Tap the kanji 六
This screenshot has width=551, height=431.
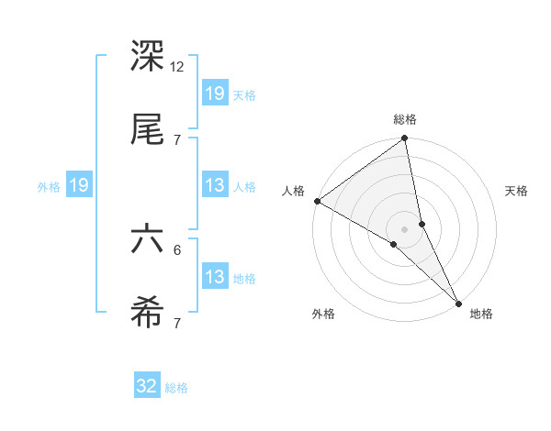point(148,241)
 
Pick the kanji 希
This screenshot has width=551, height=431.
point(148,315)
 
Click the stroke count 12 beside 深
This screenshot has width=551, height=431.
point(177,67)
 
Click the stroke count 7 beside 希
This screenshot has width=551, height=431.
point(177,323)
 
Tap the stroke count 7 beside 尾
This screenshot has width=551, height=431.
point(177,139)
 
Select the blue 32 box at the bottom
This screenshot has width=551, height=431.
point(147,387)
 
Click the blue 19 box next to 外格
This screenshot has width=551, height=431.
point(79,186)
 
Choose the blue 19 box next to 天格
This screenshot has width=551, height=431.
point(215,94)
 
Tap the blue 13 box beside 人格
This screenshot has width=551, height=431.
point(215,186)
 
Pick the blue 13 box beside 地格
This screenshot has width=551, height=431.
point(215,278)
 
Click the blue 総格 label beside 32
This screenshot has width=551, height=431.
point(176,388)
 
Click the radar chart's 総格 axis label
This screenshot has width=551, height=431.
point(405,119)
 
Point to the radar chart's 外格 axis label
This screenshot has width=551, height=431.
point(323,315)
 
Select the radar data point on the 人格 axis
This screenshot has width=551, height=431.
point(317,201)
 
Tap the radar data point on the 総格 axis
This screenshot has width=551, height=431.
point(405,139)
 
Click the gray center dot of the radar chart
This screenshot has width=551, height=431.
point(405,228)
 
